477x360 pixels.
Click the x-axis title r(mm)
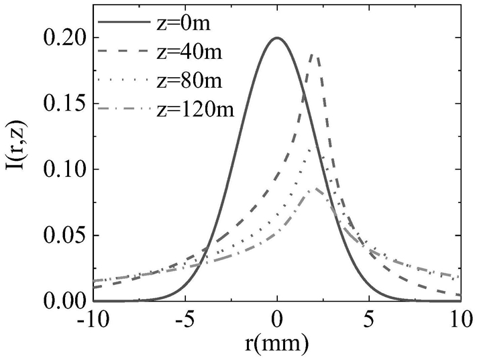click(277, 345)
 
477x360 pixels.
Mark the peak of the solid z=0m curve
click(277, 38)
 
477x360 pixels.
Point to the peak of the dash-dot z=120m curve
click(315, 189)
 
